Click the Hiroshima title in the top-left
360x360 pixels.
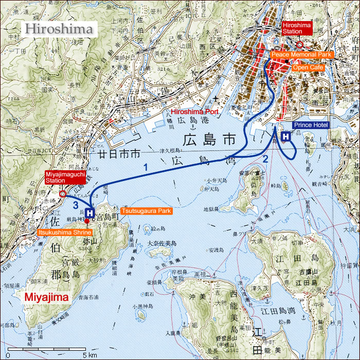click(x=60, y=28)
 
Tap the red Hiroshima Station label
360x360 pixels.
click(x=296, y=28)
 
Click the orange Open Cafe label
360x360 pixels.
click(x=307, y=67)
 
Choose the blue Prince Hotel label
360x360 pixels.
click(x=311, y=125)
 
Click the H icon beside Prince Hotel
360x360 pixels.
click(x=285, y=136)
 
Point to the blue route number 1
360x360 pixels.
click(x=146, y=167)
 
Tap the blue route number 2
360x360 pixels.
click(x=265, y=159)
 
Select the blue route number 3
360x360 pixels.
click(x=75, y=205)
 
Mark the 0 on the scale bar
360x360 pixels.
click(x=8, y=355)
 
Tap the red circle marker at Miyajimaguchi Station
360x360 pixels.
click(x=63, y=194)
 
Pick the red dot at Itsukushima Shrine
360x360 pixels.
click(x=87, y=221)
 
